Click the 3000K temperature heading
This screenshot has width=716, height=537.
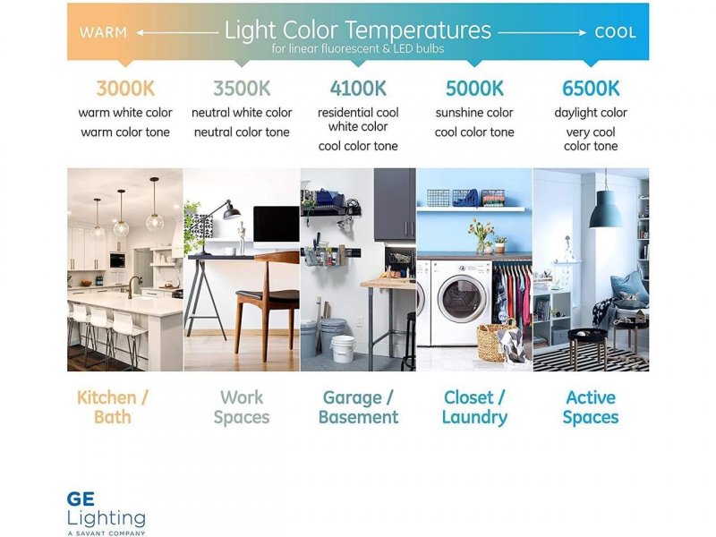click(x=125, y=89)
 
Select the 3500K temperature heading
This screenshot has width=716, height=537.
click(x=242, y=89)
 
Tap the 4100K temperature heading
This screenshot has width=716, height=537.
click(x=358, y=89)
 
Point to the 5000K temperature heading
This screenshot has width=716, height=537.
click(x=474, y=89)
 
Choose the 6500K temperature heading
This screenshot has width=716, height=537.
click(x=591, y=89)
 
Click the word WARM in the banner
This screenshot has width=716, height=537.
click(x=103, y=32)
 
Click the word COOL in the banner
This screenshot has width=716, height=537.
click(x=615, y=32)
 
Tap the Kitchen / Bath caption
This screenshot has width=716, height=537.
click(x=113, y=407)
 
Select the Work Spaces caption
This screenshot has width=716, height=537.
click(x=242, y=407)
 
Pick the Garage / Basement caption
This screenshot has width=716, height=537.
click(x=358, y=407)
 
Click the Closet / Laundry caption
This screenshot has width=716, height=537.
click(x=474, y=407)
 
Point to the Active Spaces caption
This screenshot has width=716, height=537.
click(x=591, y=407)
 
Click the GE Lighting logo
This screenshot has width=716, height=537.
click(x=106, y=513)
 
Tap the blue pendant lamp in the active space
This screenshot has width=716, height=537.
click(x=605, y=209)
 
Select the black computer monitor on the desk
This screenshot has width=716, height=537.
click(x=277, y=224)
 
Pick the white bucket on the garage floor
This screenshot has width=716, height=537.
click(x=343, y=349)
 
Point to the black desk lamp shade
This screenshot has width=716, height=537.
click(x=232, y=212)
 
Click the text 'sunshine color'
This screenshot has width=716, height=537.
click(x=474, y=113)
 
